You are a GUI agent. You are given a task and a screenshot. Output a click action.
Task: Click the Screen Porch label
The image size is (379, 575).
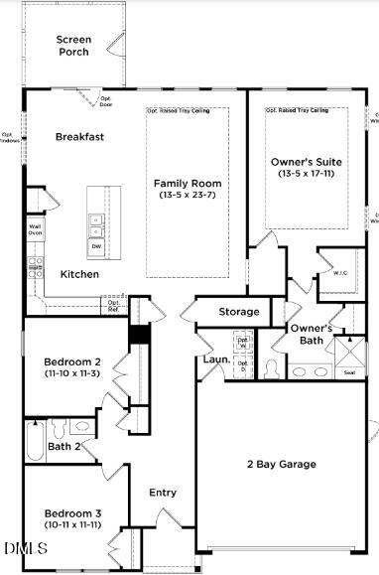point(74,46)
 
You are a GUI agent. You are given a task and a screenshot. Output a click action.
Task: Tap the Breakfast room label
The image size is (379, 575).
point(80,137)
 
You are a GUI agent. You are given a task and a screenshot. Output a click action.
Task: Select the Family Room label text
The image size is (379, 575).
point(188,184)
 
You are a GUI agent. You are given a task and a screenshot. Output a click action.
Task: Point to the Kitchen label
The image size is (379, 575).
point(79,273)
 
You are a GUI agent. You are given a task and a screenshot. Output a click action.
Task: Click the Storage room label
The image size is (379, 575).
point(239,312)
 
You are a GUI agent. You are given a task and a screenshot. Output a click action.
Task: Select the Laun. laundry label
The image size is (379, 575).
point(217,359)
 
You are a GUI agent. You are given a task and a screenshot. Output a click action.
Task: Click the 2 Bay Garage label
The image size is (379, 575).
point(282,464)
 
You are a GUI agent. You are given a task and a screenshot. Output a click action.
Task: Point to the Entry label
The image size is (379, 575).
point(163,493)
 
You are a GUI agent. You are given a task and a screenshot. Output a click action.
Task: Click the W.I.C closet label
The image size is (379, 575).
point(339,272)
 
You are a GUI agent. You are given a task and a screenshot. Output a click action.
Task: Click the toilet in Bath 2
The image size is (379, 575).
point(60,430)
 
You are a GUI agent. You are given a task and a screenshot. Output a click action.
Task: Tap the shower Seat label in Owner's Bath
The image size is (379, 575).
point(349,372)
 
